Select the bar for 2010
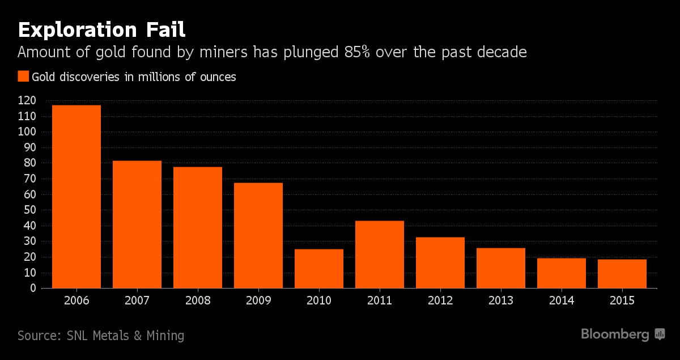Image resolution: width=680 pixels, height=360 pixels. click(x=318, y=269)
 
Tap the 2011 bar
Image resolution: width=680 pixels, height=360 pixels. click(x=379, y=255)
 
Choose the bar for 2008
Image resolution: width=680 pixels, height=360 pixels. click(x=197, y=227)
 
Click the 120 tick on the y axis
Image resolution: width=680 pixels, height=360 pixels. click(x=27, y=100)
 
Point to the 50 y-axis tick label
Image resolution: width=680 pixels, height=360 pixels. click(x=29, y=210)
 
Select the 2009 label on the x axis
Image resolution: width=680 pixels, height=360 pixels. click(x=258, y=300)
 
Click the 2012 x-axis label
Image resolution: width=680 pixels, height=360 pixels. click(x=440, y=300)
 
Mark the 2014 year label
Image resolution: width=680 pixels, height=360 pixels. click(x=561, y=300)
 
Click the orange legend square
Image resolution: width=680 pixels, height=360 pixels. click(x=23, y=77)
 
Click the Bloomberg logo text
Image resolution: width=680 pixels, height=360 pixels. click(x=615, y=334)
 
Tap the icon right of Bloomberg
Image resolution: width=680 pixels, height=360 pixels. click(x=660, y=334)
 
